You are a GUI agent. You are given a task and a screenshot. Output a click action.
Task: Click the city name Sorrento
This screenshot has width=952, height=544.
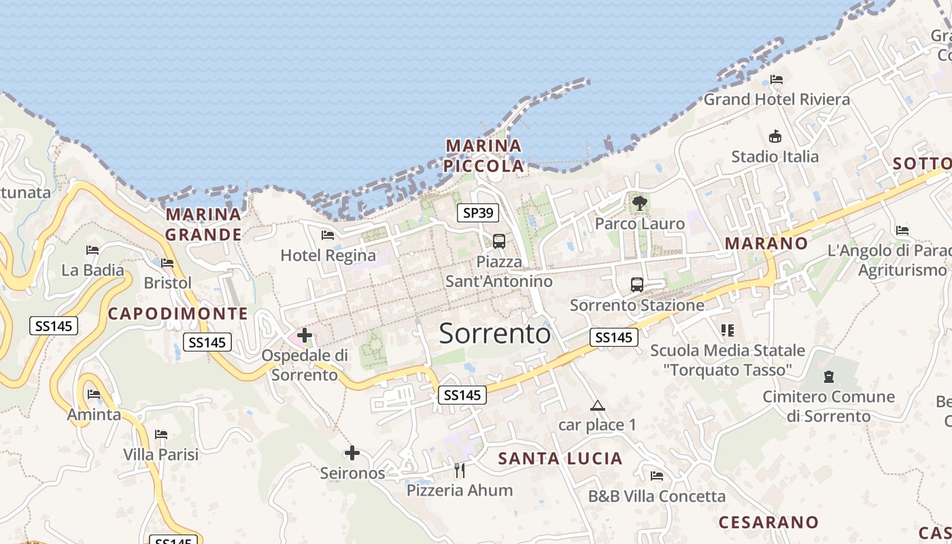point(494,334)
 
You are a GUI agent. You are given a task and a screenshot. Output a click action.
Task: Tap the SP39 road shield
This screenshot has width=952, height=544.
point(477,213)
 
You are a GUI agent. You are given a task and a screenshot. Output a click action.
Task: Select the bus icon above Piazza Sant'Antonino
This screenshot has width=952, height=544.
point(499,241)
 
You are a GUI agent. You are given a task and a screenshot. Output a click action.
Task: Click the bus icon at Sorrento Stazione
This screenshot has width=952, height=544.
point(636,284)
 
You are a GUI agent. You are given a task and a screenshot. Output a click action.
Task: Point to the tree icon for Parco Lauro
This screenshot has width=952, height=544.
point(639,203)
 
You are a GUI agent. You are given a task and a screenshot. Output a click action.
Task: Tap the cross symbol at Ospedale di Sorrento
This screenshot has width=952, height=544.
point(305,335)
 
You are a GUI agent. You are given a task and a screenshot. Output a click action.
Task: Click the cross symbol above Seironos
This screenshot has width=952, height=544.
point(352,452)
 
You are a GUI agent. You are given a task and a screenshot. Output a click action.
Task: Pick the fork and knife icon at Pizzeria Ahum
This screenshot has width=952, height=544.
point(460,469)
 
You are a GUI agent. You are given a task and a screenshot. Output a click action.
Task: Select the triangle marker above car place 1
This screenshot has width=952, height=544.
point(598,406)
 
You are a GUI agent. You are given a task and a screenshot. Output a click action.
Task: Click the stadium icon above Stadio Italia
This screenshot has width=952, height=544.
point(775,136)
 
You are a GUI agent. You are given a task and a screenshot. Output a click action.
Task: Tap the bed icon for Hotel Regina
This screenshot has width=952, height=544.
point(328,235)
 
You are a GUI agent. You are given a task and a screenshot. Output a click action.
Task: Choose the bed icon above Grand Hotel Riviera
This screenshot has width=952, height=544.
point(777,79)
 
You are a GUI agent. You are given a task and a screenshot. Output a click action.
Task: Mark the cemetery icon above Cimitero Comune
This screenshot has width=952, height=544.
point(828,376)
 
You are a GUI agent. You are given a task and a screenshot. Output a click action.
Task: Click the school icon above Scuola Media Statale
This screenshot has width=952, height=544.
point(728,330)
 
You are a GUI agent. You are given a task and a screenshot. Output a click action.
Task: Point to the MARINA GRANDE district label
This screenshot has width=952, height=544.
point(204,224)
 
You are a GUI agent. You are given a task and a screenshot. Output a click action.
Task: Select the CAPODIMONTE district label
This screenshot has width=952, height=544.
point(178,313)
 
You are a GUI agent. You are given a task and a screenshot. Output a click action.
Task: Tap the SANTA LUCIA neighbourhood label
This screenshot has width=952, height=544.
point(560,458)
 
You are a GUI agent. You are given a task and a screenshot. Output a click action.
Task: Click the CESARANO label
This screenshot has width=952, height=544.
point(769,522)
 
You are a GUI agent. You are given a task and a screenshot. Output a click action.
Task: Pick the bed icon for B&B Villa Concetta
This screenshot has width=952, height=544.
point(656,476)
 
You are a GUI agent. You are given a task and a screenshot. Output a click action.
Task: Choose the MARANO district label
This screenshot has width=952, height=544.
point(766,243)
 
